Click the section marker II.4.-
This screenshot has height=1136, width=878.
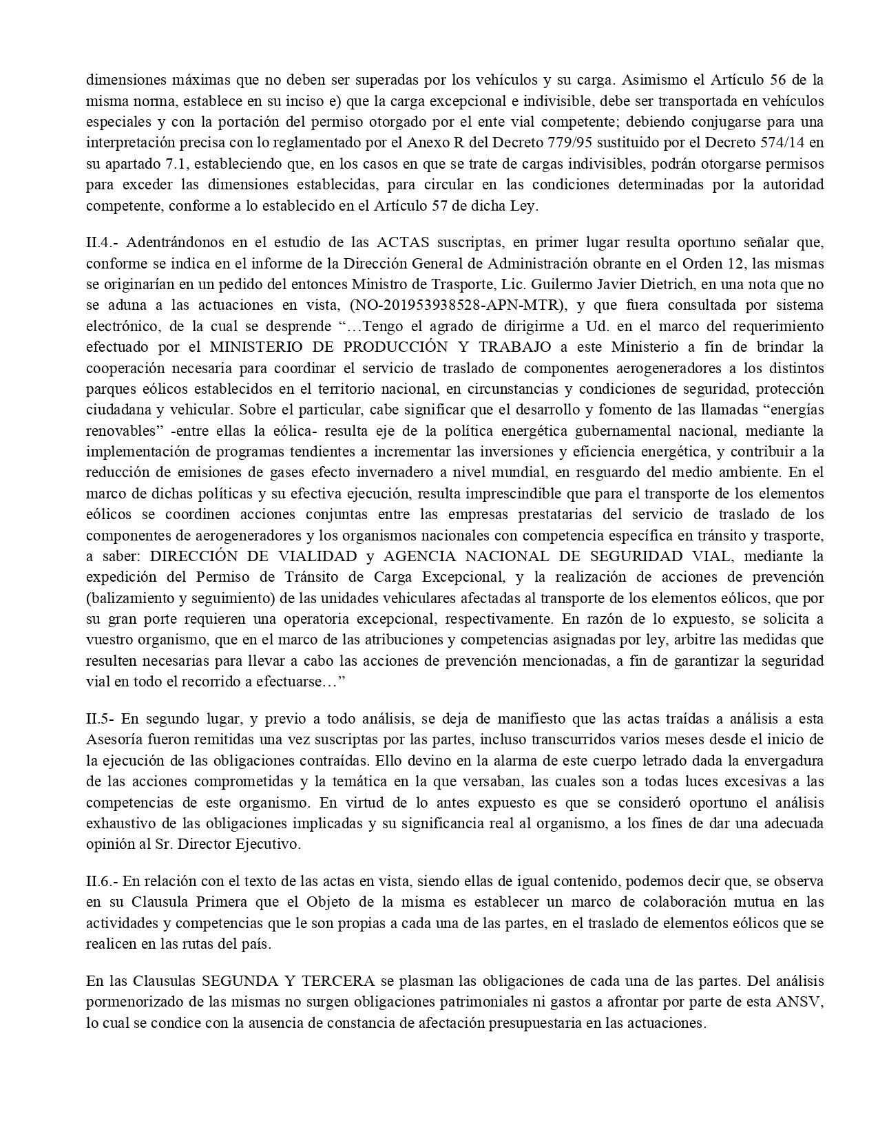click(x=103, y=242)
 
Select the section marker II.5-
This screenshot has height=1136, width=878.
click(x=102, y=719)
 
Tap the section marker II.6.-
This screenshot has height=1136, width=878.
click(x=105, y=881)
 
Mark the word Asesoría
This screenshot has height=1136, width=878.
click(x=114, y=740)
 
